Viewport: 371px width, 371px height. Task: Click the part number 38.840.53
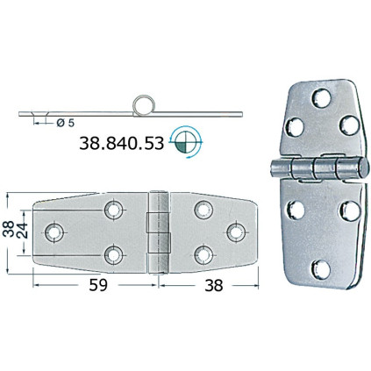point(121,144)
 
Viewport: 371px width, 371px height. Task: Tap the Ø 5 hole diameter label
point(66,123)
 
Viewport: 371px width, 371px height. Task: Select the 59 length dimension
point(98,285)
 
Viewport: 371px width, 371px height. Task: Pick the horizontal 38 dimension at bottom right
point(214,285)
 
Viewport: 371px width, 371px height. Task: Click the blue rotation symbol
point(187,142)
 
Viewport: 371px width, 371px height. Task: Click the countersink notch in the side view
point(39,115)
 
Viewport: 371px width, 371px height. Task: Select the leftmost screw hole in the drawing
point(54,232)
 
